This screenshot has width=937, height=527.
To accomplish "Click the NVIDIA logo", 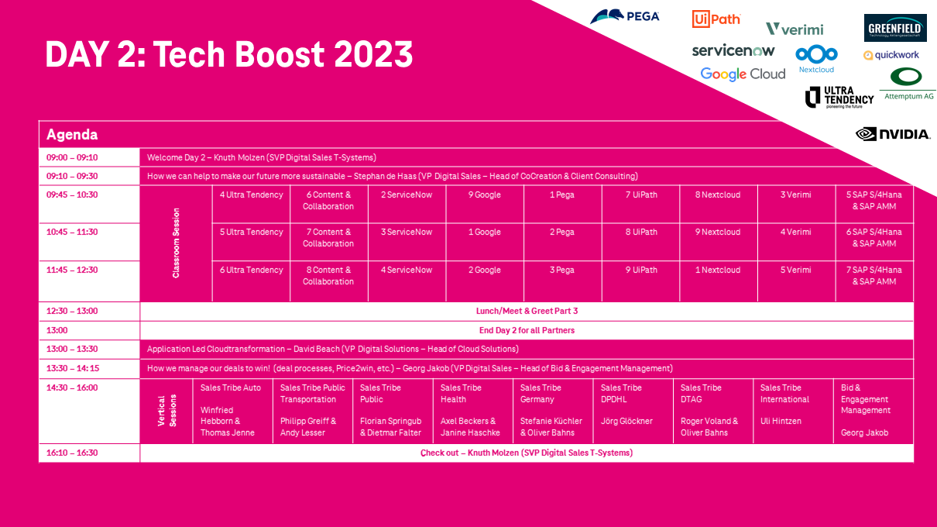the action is coord(893,134).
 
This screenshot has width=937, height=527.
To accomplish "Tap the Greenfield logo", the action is coord(895,28).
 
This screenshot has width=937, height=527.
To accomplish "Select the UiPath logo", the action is coord(716,19).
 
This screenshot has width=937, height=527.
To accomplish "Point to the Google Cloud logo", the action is coord(743,74).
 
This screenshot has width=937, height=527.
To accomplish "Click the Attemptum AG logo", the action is coord(908,84).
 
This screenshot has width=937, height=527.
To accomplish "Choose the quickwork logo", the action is coord(891,55).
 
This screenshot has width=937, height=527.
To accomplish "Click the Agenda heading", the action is coord(72,134).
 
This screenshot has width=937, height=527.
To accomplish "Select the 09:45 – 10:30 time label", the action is coord(72,195).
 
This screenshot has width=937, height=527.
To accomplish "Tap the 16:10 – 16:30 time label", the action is coord(72,453).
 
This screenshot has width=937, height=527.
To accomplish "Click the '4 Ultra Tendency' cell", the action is coord(252,204).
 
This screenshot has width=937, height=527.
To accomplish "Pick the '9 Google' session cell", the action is coord(485,204).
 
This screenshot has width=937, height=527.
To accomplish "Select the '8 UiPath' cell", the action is coord(641,242).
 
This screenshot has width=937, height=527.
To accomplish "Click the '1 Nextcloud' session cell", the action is coord(718,281).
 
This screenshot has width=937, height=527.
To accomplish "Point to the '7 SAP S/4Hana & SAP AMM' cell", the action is coord(874,281).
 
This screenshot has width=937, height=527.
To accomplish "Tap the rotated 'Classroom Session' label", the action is coord(176,243).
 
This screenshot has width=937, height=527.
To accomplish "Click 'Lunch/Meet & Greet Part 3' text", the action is coord(527,311).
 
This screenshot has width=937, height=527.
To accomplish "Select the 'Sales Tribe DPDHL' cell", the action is coord(633,411).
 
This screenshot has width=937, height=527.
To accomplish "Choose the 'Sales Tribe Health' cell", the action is coord(472,411).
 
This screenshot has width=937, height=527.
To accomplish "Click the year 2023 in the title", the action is coord(373,54).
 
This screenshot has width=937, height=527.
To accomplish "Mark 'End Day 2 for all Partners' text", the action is coord(527,330).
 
